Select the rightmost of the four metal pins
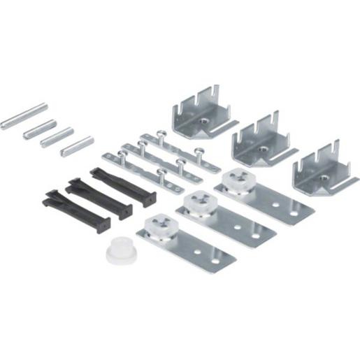(77, 146)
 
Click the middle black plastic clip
(99, 199)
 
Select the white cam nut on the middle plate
(198, 205)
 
